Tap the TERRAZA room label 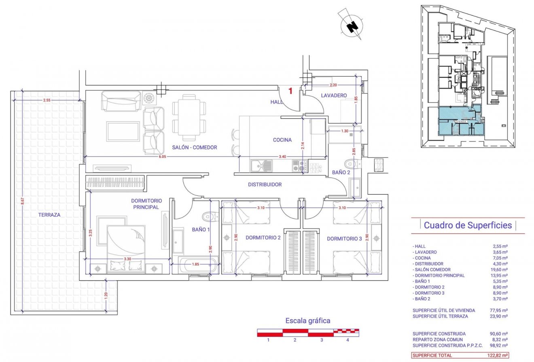tap(49, 215)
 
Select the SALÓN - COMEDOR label tap(194, 148)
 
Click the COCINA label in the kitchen tap(282, 140)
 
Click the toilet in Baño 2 tap(351, 163)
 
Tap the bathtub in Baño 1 tap(195, 266)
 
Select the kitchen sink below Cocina tap(261, 165)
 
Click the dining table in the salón tap(189, 114)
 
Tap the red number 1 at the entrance tap(290, 91)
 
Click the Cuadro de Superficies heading tap(468, 225)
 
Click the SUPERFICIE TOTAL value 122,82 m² tap(499, 356)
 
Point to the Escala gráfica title tap(308, 321)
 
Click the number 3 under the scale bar tap(321, 340)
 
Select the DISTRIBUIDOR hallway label tap(265, 184)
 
